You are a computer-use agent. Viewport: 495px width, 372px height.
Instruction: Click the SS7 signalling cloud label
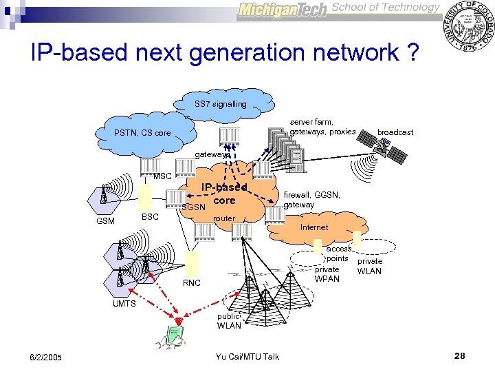coord(220,104)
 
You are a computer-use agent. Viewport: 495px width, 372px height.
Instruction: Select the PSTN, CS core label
coord(142,132)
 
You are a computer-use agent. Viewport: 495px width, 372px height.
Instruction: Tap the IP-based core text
coord(223,194)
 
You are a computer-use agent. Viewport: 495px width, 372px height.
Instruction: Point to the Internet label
coord(314,227)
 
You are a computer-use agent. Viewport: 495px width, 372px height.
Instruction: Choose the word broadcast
coord(395,132)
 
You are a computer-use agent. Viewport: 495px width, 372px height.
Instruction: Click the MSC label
coord(162,176)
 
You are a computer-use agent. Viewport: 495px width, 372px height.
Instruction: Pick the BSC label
coord(150,217)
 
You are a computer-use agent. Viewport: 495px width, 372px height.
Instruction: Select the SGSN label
coord(193,207)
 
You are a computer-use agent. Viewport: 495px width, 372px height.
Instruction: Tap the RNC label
coord(192,283)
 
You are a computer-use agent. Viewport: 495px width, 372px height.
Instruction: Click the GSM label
coord(105,221)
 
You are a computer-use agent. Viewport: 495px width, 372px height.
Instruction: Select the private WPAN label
coord(327,273)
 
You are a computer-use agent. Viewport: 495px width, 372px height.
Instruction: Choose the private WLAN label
coord(370,266)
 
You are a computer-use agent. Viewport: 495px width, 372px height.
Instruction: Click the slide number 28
coord(460,355)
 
